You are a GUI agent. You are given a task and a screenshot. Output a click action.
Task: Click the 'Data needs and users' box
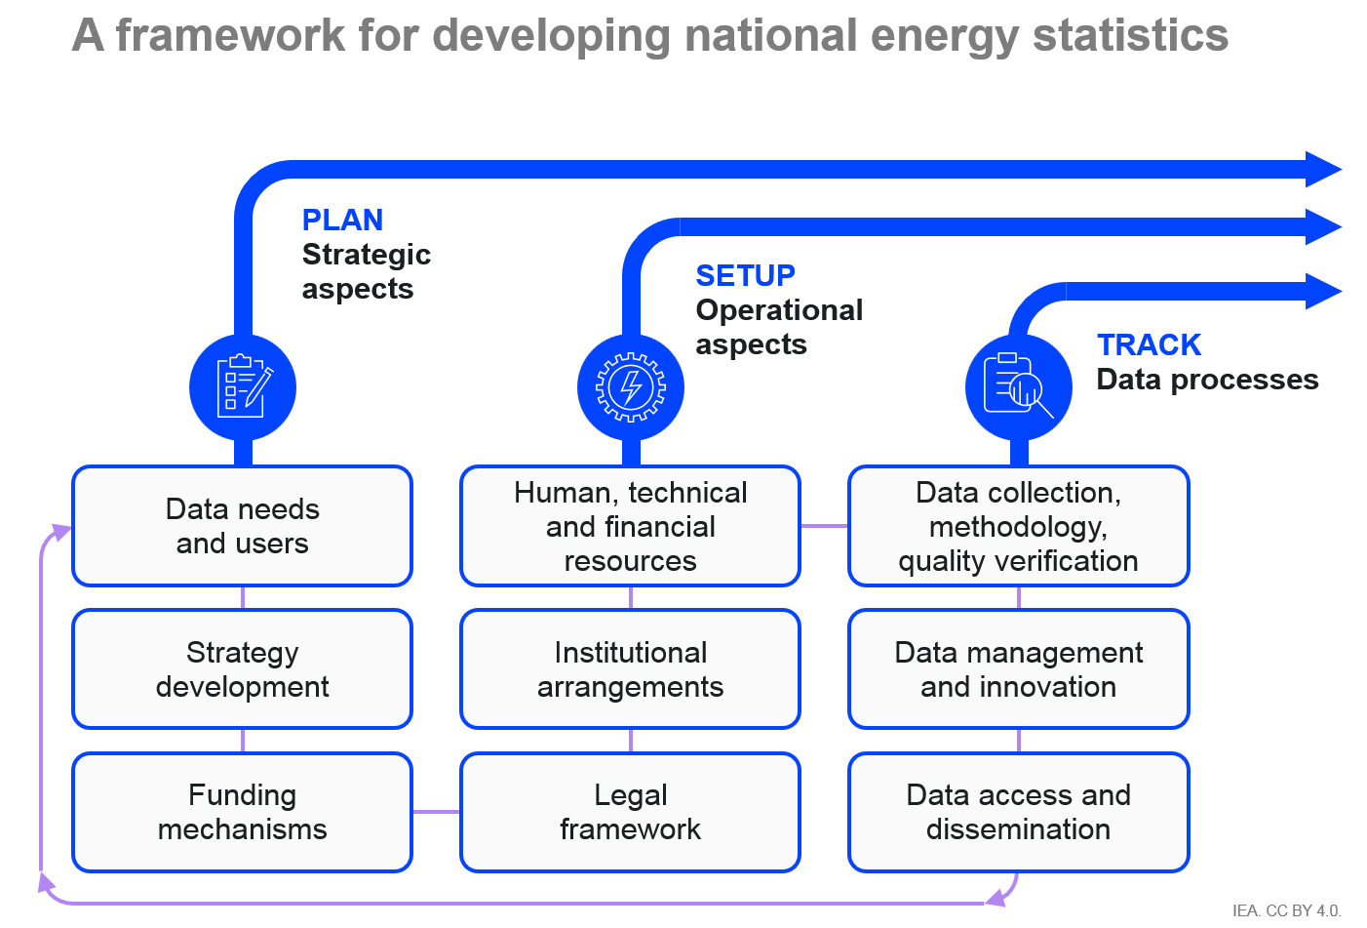[242, 526]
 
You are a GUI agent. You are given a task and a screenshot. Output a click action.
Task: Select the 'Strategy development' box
[242, 669]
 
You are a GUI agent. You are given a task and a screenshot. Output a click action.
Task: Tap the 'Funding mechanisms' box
[242, 812]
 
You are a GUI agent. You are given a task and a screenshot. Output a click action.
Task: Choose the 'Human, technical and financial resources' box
[631, 526]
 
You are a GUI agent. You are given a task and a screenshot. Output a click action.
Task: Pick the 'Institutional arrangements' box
[631, 669]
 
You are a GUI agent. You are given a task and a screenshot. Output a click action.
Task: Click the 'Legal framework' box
[631, 812]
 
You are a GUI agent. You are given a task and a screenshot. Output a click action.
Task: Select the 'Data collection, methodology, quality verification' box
[1019, 526]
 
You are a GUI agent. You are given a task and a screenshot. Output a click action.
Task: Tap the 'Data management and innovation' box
[1019, 669]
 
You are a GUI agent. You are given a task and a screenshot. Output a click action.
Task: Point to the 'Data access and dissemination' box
[1019, 812]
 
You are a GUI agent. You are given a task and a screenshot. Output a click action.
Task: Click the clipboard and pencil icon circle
[243, 387]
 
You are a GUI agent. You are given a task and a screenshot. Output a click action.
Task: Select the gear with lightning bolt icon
[631, 387]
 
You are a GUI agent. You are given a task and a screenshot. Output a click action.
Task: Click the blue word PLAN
[342, 220]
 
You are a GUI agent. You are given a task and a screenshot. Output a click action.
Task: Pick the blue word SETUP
[745, 275]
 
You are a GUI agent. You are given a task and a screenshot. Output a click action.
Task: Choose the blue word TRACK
[1149, 345]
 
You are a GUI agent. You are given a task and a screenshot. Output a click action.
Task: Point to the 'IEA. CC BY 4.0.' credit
[1286, 910]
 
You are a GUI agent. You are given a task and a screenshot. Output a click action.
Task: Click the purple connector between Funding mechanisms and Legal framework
[437, 812]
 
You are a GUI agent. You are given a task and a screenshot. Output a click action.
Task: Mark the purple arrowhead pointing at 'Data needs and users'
[61, 532]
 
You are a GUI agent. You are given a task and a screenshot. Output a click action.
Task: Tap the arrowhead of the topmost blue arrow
[1323, 169]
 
